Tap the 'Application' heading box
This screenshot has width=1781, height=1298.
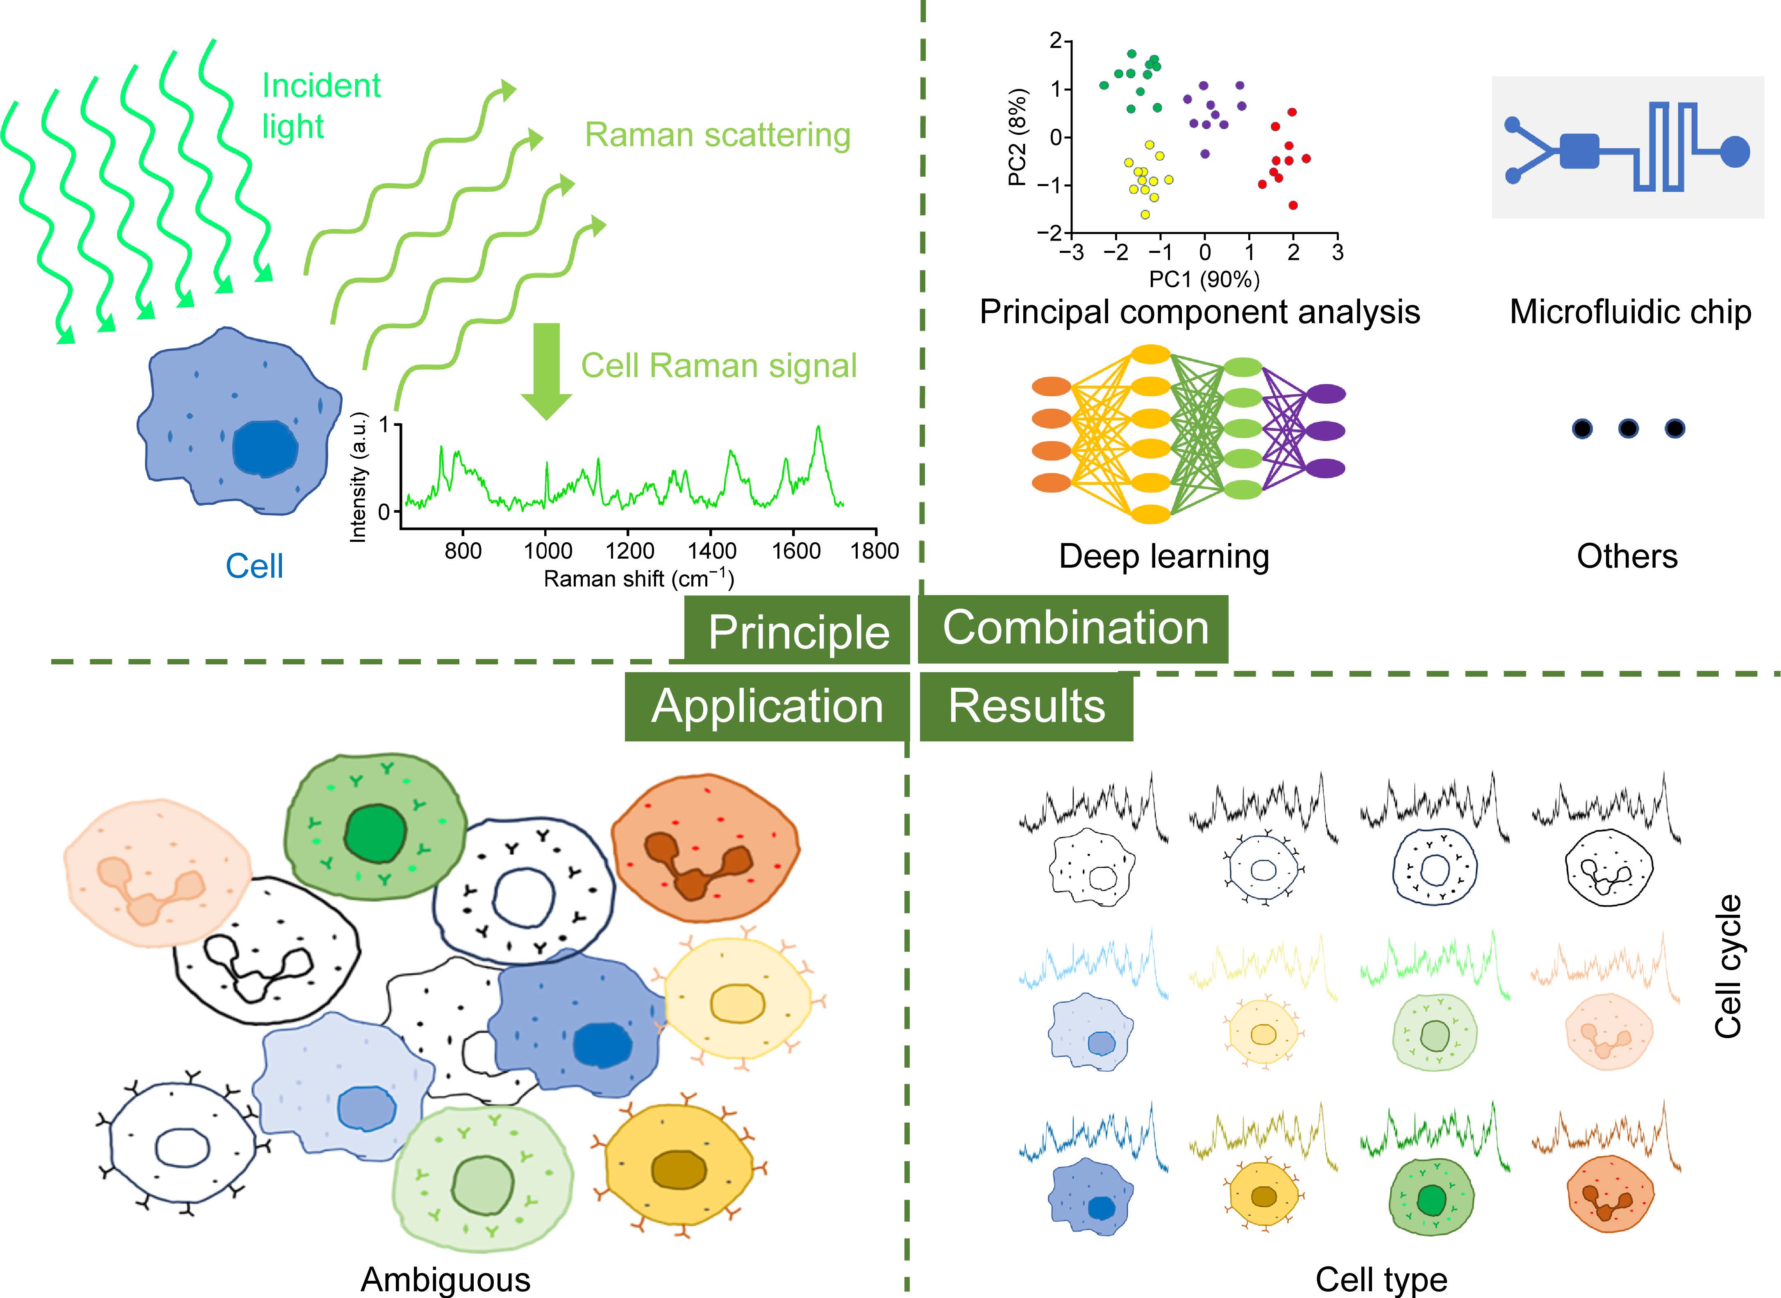click(x=768, y=706)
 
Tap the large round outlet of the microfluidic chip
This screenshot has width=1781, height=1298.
click(x=1736, y=152)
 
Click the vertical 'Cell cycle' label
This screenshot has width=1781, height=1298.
click(x=1729, y=966)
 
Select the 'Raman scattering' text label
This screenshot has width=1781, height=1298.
click(x=717, y=135)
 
